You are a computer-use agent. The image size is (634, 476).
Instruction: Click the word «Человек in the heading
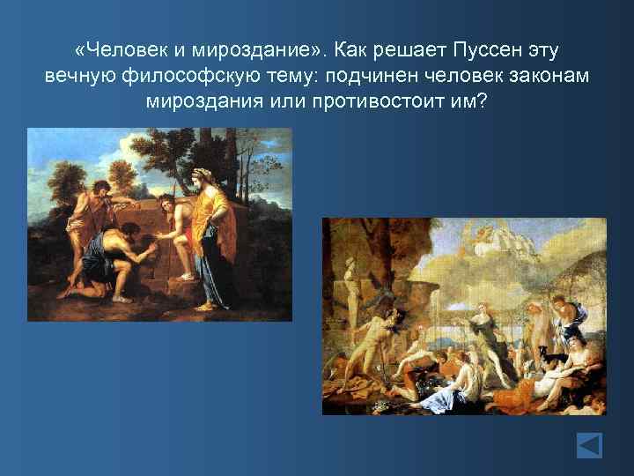tap(117, 46)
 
